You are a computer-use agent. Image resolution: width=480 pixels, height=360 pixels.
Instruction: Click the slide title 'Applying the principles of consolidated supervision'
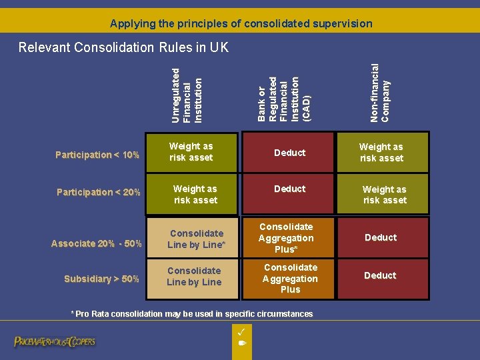[x=241, y=23]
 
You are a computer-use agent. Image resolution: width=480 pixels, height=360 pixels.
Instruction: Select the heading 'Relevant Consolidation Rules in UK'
[x=123, y=47]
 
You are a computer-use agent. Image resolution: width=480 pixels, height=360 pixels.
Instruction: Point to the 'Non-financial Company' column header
[x=379, y=92]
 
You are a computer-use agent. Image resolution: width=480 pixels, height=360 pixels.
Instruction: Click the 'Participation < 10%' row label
[x=97, y=155]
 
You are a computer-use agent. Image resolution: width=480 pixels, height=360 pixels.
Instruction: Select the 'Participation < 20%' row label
[x=98, y=192]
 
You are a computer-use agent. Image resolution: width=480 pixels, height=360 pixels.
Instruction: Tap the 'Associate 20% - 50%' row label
[x=96, y=243]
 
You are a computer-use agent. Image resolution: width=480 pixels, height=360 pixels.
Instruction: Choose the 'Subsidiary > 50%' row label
[x=101, y=279]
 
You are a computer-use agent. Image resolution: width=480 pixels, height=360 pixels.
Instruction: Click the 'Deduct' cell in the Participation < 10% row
[x=289, y=153]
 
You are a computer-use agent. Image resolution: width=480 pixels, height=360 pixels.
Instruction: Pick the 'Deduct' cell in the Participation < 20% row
[x=289, y=189]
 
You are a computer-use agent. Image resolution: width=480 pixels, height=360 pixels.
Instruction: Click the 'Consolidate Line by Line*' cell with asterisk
[x=196, y=239]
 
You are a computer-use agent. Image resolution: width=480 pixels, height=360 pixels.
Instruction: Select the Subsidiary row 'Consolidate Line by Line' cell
[x=194, y=277]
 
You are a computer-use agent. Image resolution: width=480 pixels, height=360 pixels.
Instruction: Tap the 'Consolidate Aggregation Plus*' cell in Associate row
[x=286, y=238]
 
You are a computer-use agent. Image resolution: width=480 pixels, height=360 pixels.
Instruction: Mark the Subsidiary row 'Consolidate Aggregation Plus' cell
[x=290, y=279]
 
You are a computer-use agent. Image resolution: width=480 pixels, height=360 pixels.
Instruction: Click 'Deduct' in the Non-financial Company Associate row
[x=381, y=237]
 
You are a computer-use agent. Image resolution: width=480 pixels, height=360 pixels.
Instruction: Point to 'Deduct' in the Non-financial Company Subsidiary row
[x=380, y=275]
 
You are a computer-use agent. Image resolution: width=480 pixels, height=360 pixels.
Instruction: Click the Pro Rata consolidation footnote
[x=192, y=313]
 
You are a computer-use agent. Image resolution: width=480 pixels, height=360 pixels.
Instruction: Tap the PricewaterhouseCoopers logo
[x=55, y=341]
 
